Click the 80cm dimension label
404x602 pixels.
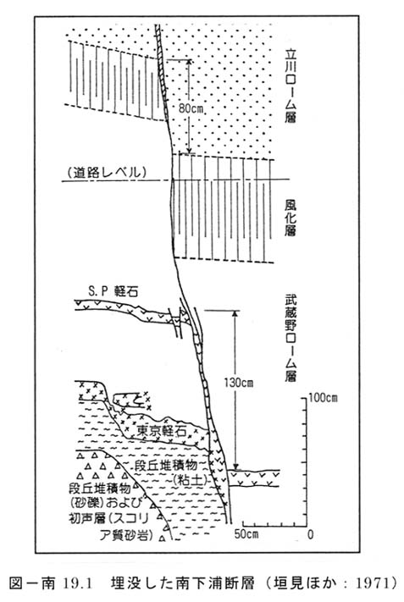click(x=191, y=108)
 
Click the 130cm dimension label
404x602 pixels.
click(x=239, y=383)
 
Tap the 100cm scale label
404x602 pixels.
click(x=323, y=398)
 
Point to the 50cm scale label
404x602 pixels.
click(x=246, y=534)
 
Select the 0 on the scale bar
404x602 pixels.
click(x=310, y=534)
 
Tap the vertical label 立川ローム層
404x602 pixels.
click(x=291, y=86)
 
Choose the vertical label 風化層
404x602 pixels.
click(x=291, y=218)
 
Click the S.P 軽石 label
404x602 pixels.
click(x=113, y=291)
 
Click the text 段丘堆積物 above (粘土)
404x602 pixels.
click(x=165, y=466)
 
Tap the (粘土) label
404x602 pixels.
click(x=188, y=480)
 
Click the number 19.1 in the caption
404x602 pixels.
click(x=77, y=583)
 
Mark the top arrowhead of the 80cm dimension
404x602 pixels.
click(x=189, y=63)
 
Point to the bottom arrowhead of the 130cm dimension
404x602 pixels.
click(x=236, y=466)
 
